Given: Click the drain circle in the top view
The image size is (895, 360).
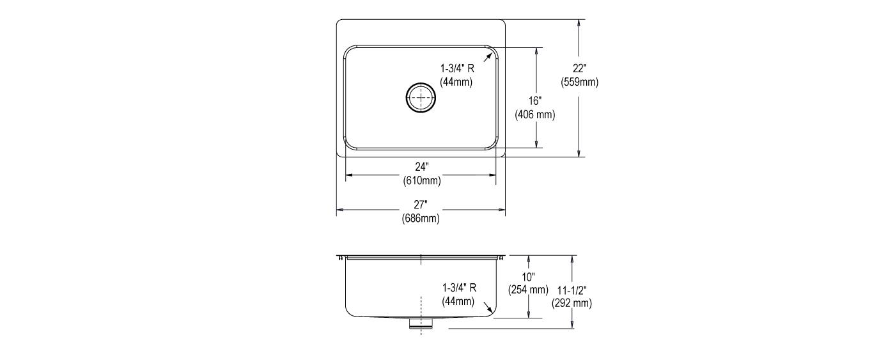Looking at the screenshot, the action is point(421,84).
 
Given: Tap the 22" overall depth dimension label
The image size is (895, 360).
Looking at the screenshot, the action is point(579,68).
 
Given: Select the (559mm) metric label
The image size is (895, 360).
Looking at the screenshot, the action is point(579,82).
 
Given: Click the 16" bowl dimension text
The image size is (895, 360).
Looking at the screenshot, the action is point(534,101).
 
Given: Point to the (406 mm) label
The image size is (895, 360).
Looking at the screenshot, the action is point(534,115).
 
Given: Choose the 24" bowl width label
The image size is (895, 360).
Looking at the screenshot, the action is point(421,167).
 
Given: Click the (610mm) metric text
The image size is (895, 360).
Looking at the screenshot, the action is point(421,180).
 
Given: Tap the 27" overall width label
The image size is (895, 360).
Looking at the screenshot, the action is point(421,205).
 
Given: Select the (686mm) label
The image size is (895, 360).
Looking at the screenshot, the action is point(421,219).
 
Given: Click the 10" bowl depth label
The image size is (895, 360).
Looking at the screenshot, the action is point(528,276).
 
